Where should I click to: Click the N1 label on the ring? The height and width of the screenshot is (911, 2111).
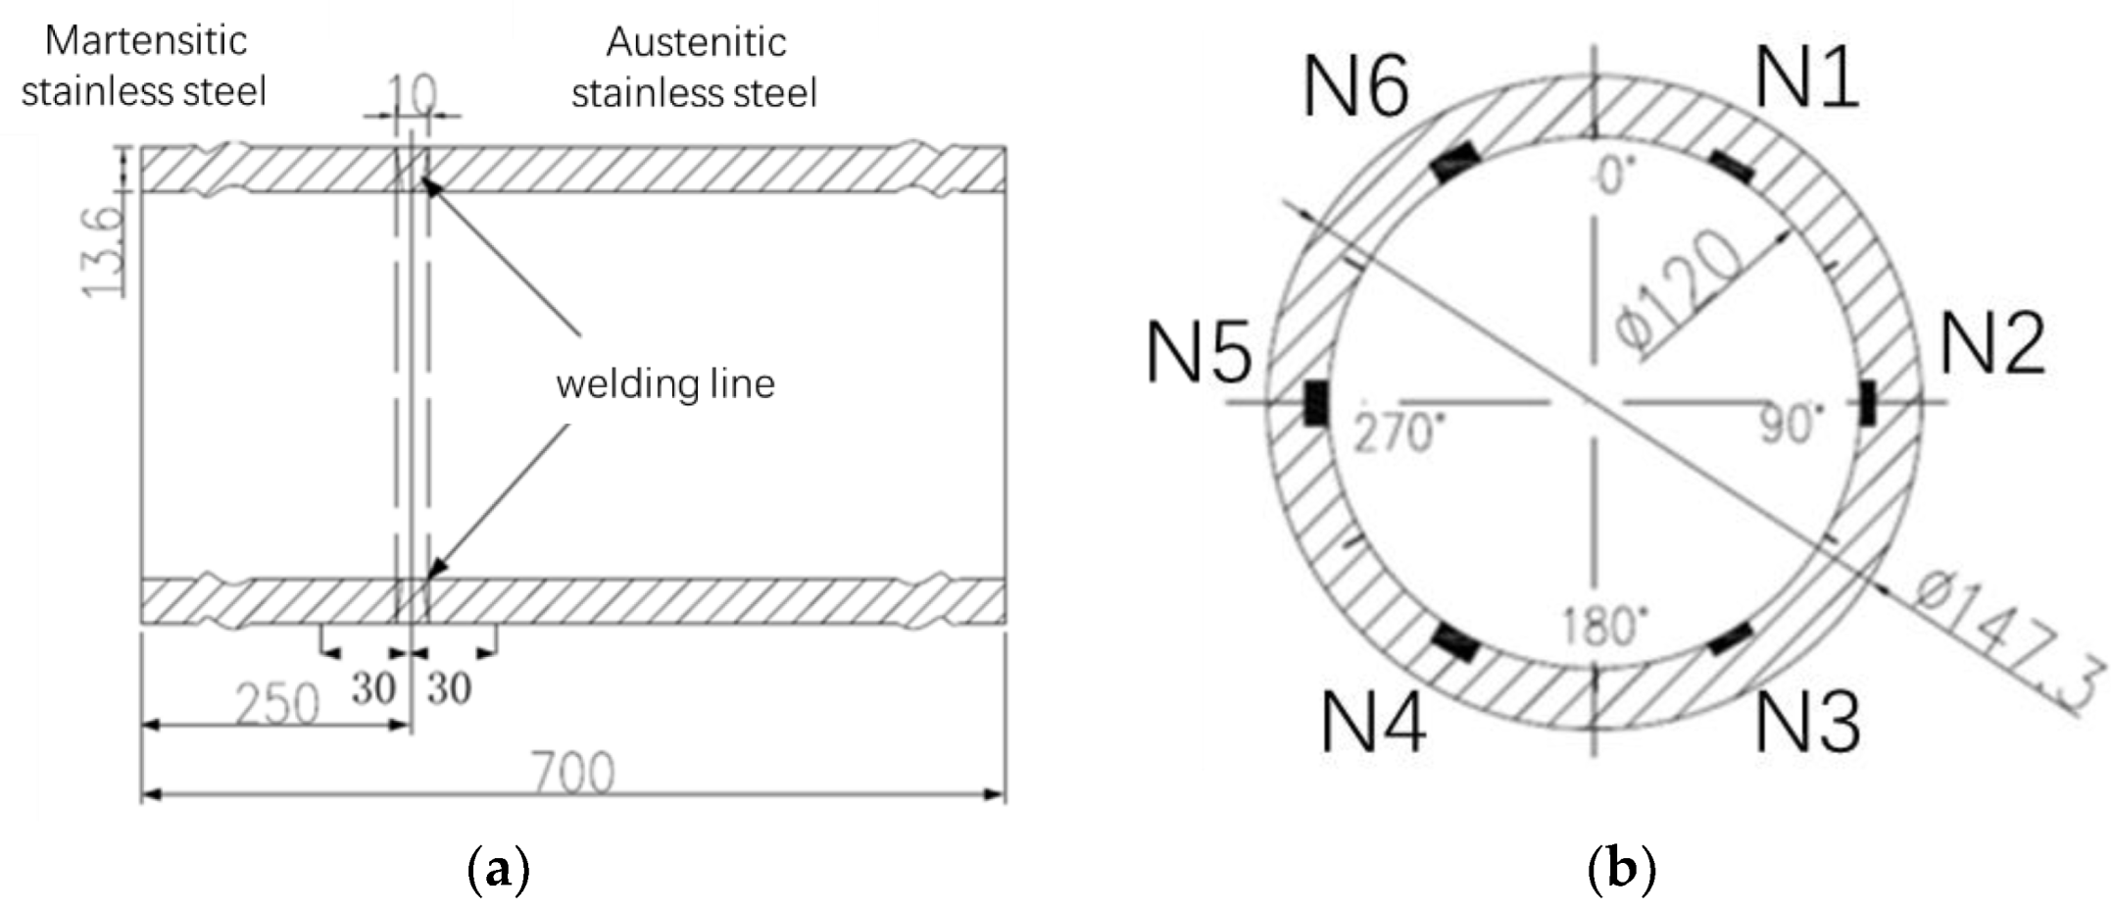(1806, 78)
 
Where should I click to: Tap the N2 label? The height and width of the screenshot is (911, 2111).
(1991, 344)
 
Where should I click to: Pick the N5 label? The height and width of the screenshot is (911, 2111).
(1199, 354)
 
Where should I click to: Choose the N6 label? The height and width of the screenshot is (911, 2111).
(1356, 86)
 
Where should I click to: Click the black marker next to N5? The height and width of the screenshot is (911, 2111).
(1315, 403)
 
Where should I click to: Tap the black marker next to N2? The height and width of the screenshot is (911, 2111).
(1867, 403)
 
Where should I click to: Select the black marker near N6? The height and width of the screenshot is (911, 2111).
(1453, 162)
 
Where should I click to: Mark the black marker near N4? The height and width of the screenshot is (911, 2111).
(1454, 642)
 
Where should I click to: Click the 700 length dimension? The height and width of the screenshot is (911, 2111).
(573, 773)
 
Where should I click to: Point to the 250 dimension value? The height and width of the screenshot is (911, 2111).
(277, 702)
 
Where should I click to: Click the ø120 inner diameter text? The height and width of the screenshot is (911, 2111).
(1679, 292)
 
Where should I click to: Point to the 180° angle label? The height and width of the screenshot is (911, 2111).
(1604, 625)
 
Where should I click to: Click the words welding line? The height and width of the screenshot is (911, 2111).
(665, 383)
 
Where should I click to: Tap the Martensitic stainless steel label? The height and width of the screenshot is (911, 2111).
(145, 67)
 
